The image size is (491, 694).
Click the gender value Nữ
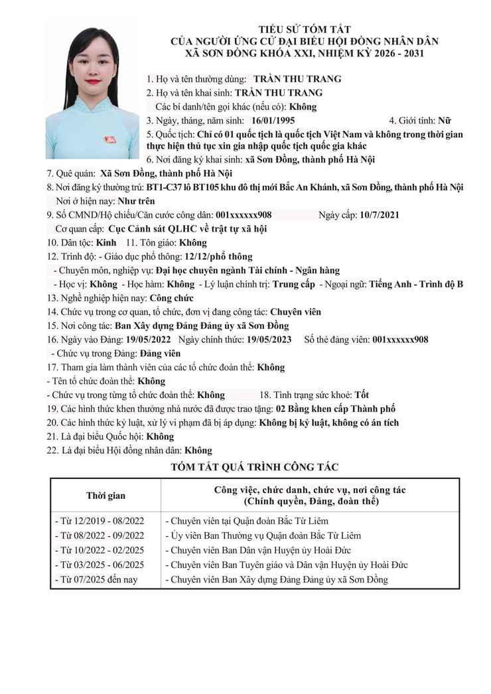coord(445,121)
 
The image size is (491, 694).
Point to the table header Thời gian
coord(105,495)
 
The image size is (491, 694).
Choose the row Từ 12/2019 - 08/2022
coord(99,521)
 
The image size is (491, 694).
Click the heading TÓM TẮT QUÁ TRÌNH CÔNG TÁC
coord(255,467)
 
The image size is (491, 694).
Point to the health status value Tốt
coord(362,395)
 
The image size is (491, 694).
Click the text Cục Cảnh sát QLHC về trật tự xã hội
coord(188,228)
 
